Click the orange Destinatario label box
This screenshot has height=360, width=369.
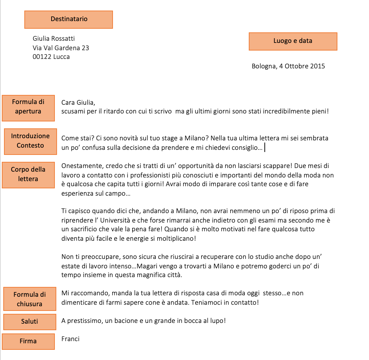[x=69, y=19]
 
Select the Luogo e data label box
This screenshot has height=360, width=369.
[x=293, y=41]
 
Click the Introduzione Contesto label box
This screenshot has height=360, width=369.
[x=30, y=141]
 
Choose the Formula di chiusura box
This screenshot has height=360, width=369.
[x=30, y=299]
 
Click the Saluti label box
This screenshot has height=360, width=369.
[x=29, y=321]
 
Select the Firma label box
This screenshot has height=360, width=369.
[x=28, y=341]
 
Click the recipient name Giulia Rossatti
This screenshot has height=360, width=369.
[x=54, y=39]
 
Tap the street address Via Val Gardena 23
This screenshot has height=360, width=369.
[x=61, y=48]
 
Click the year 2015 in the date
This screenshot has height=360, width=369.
[x=317, y=66]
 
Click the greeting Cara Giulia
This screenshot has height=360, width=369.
[x=78, y=102]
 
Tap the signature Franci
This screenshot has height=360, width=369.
[x=70, y=339]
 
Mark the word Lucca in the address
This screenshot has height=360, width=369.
[x=61, y=57]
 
